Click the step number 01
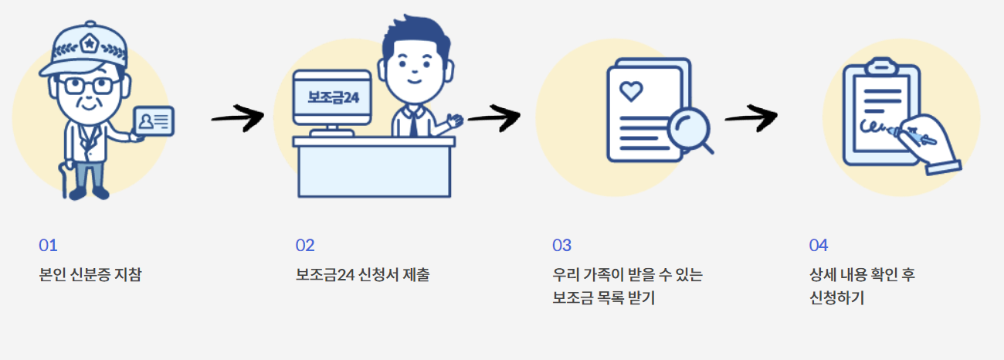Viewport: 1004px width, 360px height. click(x=48, y=246)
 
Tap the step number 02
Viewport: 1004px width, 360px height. click(x=305, y=246)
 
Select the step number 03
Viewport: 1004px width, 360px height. click(x=561, y=246)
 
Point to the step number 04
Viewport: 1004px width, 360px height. click(x=818, y=246)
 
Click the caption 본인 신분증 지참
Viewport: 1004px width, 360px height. click(x=90, y=274)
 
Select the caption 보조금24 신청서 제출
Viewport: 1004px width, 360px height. click(x=362, y=274)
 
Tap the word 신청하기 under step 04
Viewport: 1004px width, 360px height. click(x=836, y=297)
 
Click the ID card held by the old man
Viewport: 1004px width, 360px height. click(x=154, y=122)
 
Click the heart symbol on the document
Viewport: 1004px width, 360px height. click(x=631, y=92)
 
